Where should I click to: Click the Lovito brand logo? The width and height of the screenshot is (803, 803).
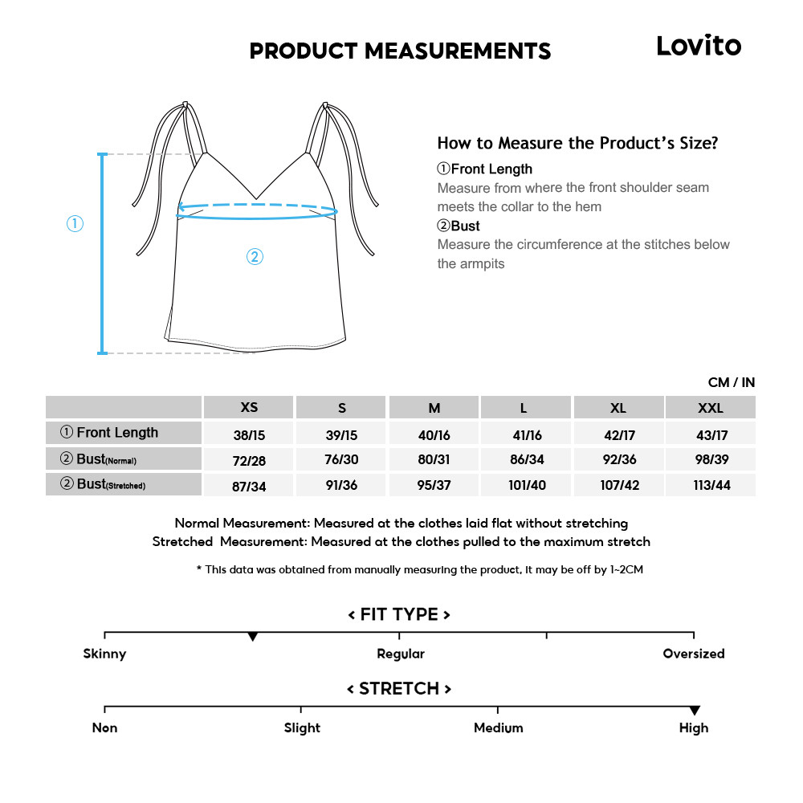(x=699, y=46)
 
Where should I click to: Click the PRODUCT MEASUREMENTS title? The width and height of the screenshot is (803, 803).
(x=400, y=51)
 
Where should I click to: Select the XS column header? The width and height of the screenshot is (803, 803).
(x=250, y=407)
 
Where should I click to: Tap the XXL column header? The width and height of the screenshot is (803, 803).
(x=710, y=408)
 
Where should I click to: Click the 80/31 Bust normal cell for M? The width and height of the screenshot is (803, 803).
(x=434, y=460)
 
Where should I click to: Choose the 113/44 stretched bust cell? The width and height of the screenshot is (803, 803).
(x=711, y=485)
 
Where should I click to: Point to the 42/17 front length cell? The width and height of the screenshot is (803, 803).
(x=618, y=434)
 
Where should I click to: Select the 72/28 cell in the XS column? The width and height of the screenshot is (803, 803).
(x=250, y=460)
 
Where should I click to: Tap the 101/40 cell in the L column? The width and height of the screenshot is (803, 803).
(x=526, y=485)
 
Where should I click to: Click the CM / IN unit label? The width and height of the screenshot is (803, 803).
(x=731, y=382)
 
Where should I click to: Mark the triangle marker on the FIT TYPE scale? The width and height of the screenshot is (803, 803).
(x=253, y=637)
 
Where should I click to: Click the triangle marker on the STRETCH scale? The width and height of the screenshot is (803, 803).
(x=695, y=711)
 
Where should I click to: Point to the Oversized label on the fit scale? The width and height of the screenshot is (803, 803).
(x=694, y=654)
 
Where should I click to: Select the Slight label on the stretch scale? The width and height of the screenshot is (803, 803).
(x=302, y=728)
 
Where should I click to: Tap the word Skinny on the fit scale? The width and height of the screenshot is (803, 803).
(x=104, y=654)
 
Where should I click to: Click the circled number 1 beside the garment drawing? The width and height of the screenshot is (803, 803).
(x=75, y=224)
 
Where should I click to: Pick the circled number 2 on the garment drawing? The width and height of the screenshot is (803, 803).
(x=254, y=257)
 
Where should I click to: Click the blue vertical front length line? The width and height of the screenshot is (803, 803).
(x=102, y=253)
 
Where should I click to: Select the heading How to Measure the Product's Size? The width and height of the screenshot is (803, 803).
(x=577, y=143)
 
